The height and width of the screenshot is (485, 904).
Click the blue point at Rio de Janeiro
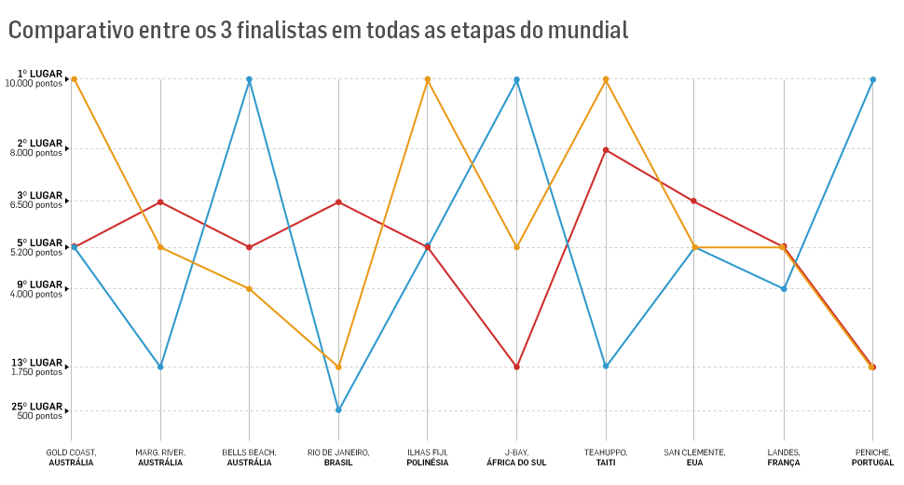(338, 409)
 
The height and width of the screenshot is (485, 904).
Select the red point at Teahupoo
(606, 150)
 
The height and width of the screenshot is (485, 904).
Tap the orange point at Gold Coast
(74, 79)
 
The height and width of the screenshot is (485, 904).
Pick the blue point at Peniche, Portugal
(872, 79)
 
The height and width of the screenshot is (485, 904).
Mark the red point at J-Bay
(516, 367)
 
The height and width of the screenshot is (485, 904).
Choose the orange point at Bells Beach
(249, 289)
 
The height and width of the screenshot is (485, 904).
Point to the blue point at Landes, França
(784, 289)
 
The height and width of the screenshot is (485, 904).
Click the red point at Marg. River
(160, 202)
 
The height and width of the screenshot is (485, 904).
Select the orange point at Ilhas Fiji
(428, 79)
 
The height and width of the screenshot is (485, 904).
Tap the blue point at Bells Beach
(249, 79)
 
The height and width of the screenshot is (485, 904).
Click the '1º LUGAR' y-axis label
(39, 74)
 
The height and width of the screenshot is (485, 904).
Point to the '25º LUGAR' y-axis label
(37, 407)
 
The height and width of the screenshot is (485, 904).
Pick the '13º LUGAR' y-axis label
(37, 363)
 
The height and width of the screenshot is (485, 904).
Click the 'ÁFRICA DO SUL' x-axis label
(516, 463)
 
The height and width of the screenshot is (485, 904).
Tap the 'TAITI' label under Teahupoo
(606, 463)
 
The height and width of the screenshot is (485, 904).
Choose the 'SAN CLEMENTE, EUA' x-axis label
(694, 457)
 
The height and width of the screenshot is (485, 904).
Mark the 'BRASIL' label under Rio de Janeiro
(338, 463)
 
